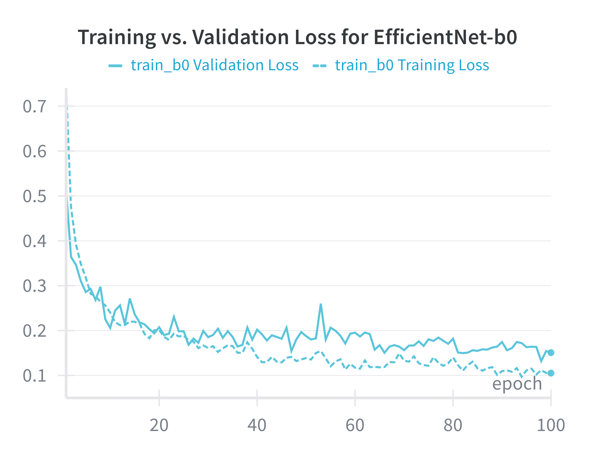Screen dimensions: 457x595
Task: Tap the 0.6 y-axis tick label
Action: pyautogui.click(x=35, y=151)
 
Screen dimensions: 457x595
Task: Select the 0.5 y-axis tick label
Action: pyautogui.click(x=35, y=196)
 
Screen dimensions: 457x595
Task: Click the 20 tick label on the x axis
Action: pyautogui.click(x=159, y=425)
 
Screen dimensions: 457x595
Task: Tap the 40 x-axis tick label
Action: pyautogui.click(x=257, y=425)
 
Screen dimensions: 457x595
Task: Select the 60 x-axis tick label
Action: pyautogui.click(x=355, y=425)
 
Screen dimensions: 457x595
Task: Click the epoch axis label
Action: pyautogui.click(x=517, y=384)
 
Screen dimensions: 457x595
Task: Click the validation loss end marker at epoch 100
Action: pyautogui.click(x=551, y=352)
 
